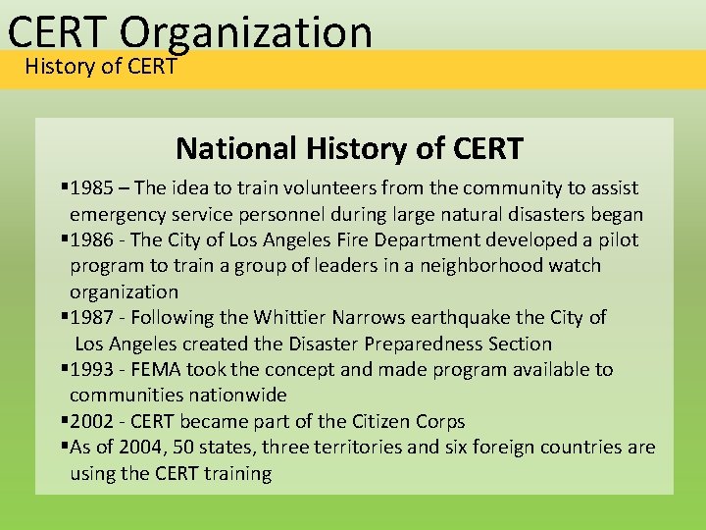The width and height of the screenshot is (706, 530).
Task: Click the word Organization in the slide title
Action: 248,31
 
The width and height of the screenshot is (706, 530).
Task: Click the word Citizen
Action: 382,421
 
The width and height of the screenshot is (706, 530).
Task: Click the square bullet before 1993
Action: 64,370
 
